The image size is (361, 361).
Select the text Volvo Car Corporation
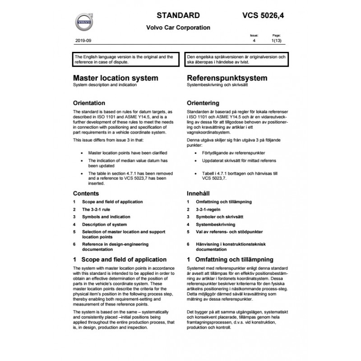tap(178, 28)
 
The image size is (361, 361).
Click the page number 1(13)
tap(276, 41)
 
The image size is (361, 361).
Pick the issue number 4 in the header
tap(254, 41)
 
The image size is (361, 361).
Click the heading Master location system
tap(116, 78)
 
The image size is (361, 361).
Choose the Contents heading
tap(86, 193)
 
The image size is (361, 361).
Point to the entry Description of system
tap(104, 224)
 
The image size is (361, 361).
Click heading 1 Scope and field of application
tap(119, 259)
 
